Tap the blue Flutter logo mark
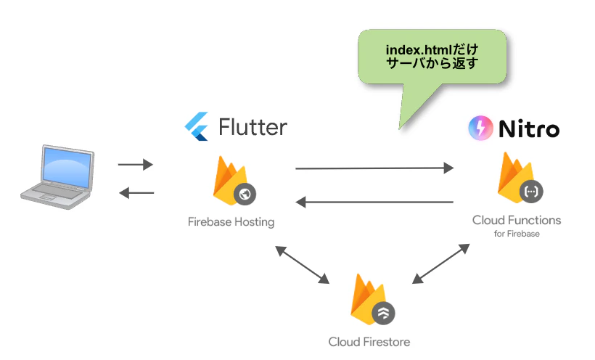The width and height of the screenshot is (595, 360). (197, 127)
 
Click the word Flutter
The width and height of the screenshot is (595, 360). (253, 127)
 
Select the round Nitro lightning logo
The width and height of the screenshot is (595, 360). (480, 128)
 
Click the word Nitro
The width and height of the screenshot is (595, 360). (529, 129)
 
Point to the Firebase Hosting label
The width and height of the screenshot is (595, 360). (231, 222)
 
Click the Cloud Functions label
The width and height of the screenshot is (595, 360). (516, 220)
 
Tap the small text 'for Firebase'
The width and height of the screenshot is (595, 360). (516, 234)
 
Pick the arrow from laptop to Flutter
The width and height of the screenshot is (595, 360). (136, 165)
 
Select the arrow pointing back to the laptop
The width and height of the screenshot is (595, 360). (136, 192)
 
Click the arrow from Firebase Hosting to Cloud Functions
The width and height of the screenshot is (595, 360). (374, 168)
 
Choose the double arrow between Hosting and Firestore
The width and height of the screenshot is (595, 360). (302, 265)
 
